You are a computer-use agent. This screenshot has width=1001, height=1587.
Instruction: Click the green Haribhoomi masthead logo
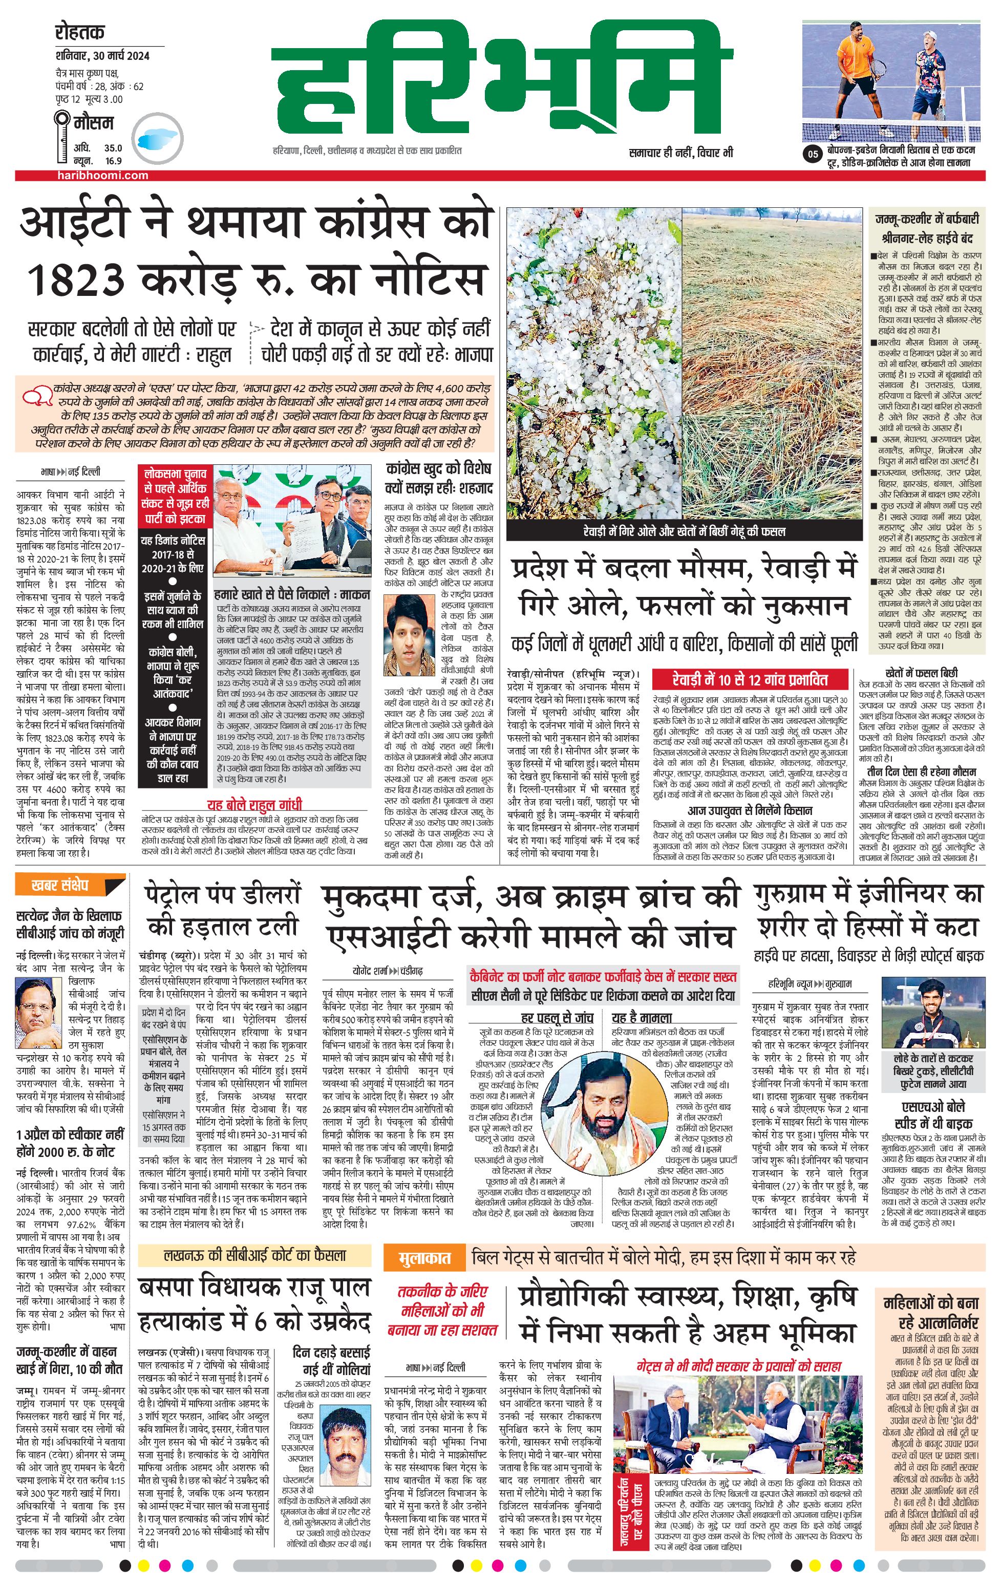click(x=502, y=79)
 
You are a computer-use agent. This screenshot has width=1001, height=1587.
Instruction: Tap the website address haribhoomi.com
click(x=102, y=175)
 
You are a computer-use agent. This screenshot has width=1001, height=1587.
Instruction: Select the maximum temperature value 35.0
click(x=113, y=148)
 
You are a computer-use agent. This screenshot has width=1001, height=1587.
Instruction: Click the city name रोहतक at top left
click(x=80, y=32)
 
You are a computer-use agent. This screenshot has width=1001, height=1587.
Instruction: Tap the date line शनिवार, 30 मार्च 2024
click(x=102, y=55)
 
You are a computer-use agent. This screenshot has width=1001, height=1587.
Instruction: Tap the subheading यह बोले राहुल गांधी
click(x=254, y=805)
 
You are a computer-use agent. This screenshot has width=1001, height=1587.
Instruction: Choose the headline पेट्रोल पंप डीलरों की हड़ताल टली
click(x=223, y=911)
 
